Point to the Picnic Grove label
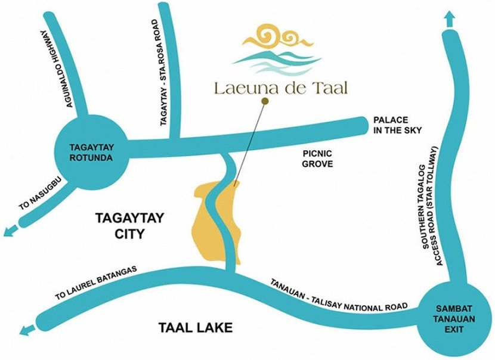click(318, 158)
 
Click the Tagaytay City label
click(120, 226)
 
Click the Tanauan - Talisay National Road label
click(338, 294)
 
